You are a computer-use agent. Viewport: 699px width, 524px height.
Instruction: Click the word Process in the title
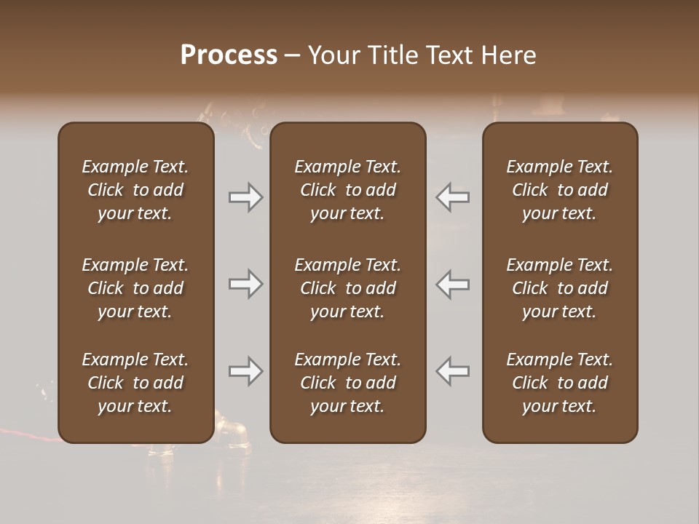tap(229, 55)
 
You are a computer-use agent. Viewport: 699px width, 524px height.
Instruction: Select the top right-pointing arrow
tap(246, 197)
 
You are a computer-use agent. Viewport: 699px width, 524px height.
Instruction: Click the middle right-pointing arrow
tap(246, 284)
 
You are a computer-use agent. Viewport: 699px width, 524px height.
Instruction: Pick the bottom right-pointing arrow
tap(246, 371)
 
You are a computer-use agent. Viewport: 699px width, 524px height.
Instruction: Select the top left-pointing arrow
tap(453, 197)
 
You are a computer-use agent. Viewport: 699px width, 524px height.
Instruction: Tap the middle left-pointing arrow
tap(453, 284)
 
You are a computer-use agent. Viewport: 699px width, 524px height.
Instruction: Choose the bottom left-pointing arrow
tap(453, 371)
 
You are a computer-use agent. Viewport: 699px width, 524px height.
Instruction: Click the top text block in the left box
tap(135, 190)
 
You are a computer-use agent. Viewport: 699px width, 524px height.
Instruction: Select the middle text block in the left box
tap(135, 288)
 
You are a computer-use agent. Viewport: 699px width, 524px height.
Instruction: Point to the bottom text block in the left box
tap(135, 383)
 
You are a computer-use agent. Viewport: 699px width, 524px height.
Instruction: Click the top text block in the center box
tap(347, 190)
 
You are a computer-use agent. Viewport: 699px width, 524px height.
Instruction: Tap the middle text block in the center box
tap(347, 288)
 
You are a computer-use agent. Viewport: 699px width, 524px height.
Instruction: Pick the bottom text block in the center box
tap(347, 383)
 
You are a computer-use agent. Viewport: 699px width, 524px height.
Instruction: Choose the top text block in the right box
tap(560, 190)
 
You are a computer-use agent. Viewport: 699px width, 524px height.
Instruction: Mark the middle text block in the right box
tap(560, 288)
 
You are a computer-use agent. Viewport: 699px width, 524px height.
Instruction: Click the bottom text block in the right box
tap(560, 383)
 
